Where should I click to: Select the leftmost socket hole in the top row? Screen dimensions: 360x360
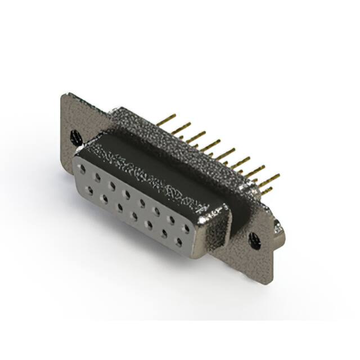tap(84, 170)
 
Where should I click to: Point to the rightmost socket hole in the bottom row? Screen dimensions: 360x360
tap(179, 242)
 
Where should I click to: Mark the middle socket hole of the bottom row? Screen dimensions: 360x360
tap(135, 217)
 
